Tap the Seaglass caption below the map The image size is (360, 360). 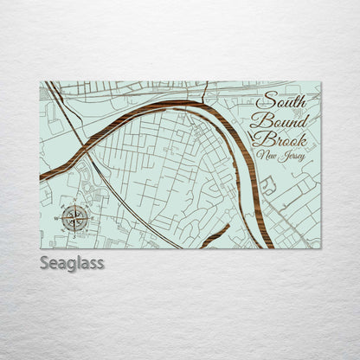point(72,262)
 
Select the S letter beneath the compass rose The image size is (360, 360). point(74,231)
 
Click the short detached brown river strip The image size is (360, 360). point(215,235)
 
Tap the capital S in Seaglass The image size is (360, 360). point(45,262)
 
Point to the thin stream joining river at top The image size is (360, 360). point(206,93)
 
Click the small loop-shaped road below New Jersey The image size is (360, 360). point(269,184)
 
